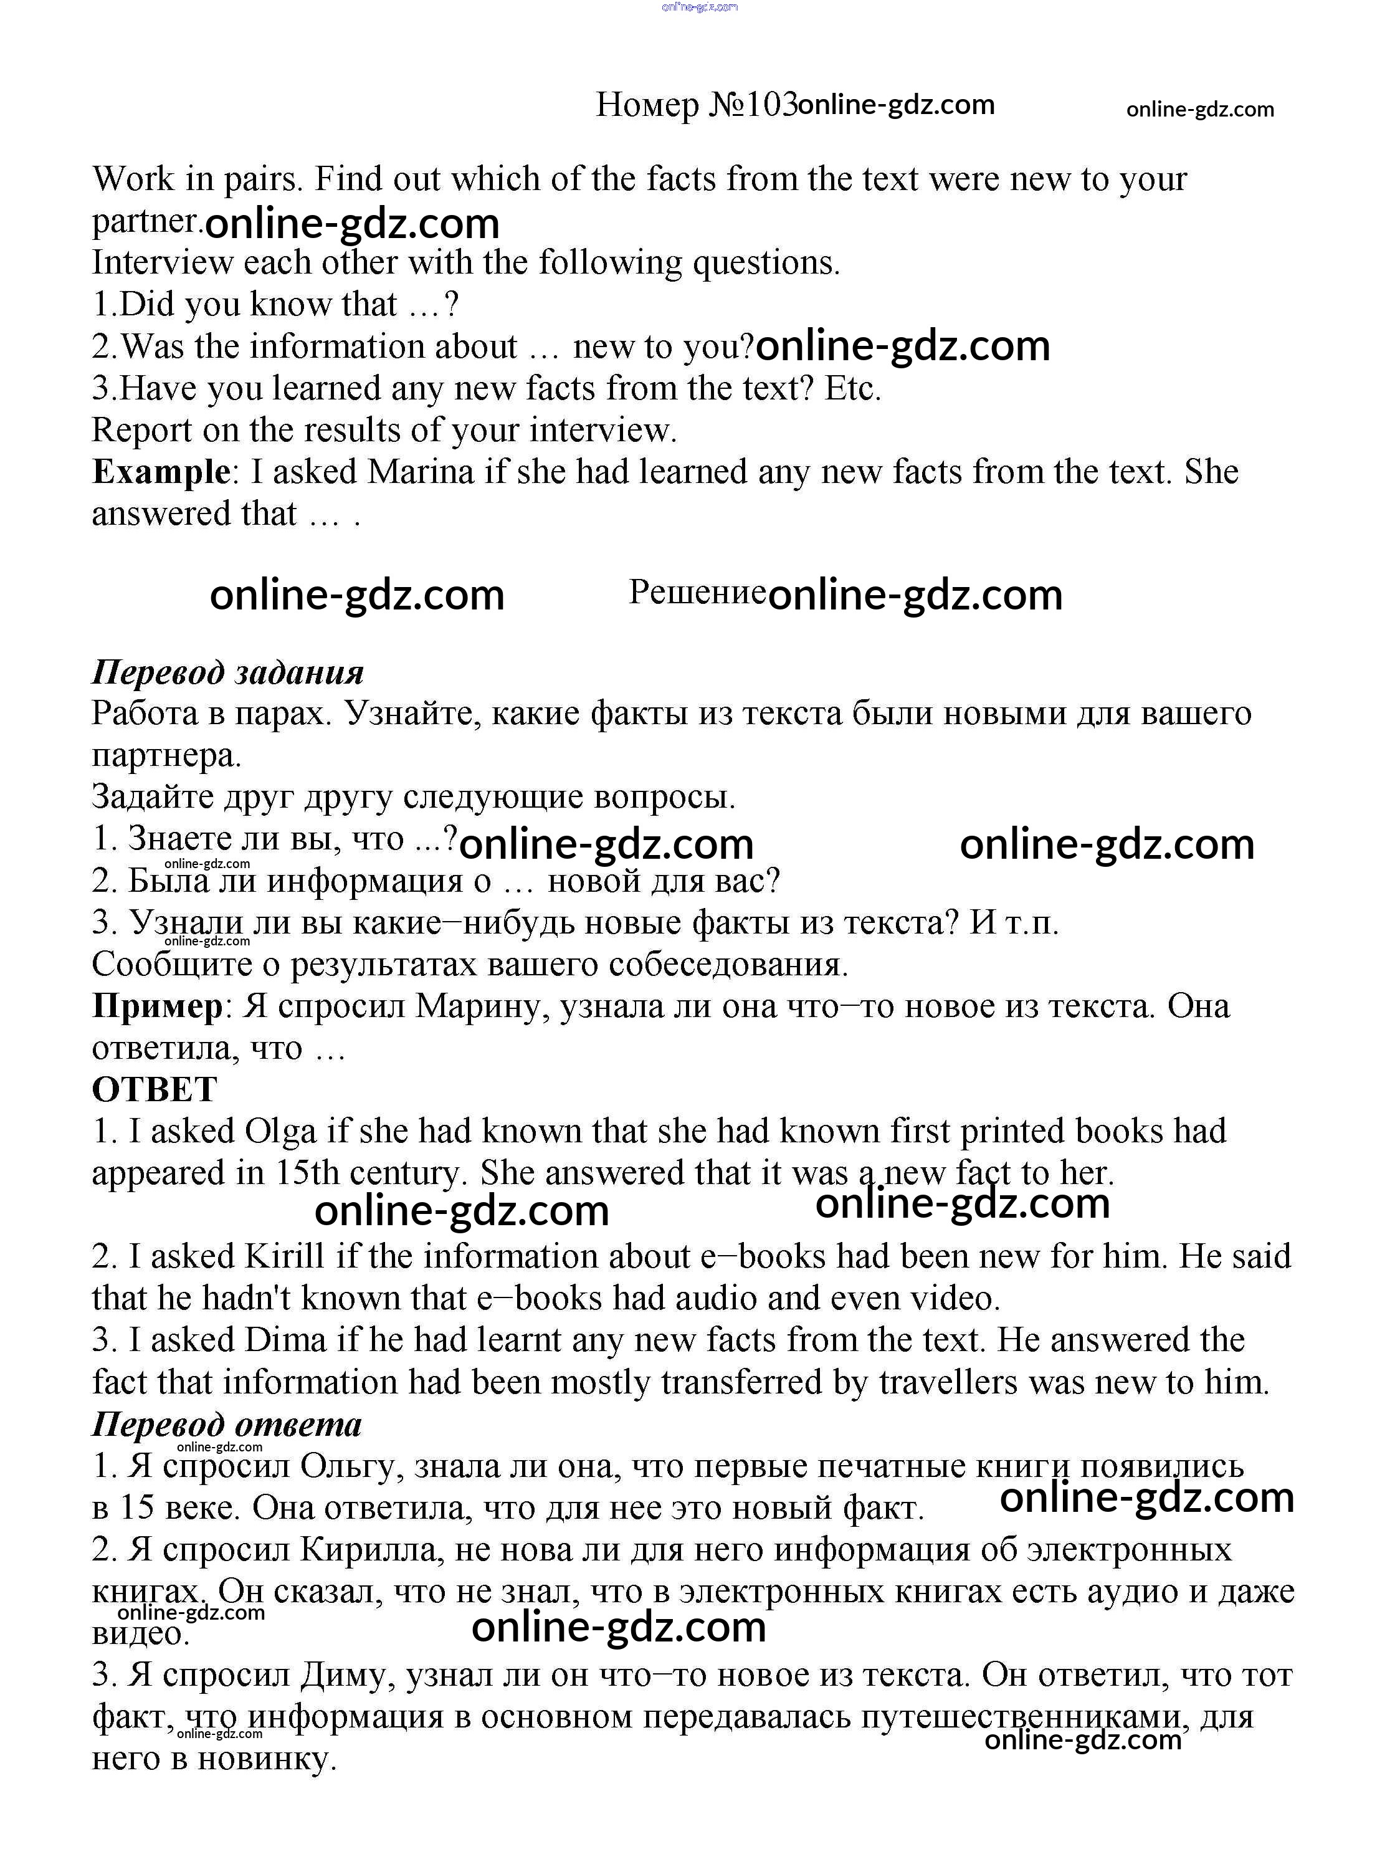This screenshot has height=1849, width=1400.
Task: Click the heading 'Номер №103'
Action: pos(695,105)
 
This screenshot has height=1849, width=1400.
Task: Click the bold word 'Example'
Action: pos(160,472)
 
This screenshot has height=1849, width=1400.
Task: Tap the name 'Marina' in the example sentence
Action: pos(421,472)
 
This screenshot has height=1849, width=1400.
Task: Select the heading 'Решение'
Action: pos(697,592)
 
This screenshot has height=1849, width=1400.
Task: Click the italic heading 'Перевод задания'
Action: pos(227,672)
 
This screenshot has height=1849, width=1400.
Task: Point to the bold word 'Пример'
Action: pos(156,1006)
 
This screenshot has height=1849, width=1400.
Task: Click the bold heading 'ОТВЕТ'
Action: pos(155,1089)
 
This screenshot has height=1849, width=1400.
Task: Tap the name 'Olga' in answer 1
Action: pos(281,1132)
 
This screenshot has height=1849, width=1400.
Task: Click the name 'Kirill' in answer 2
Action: pos(284,1257)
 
